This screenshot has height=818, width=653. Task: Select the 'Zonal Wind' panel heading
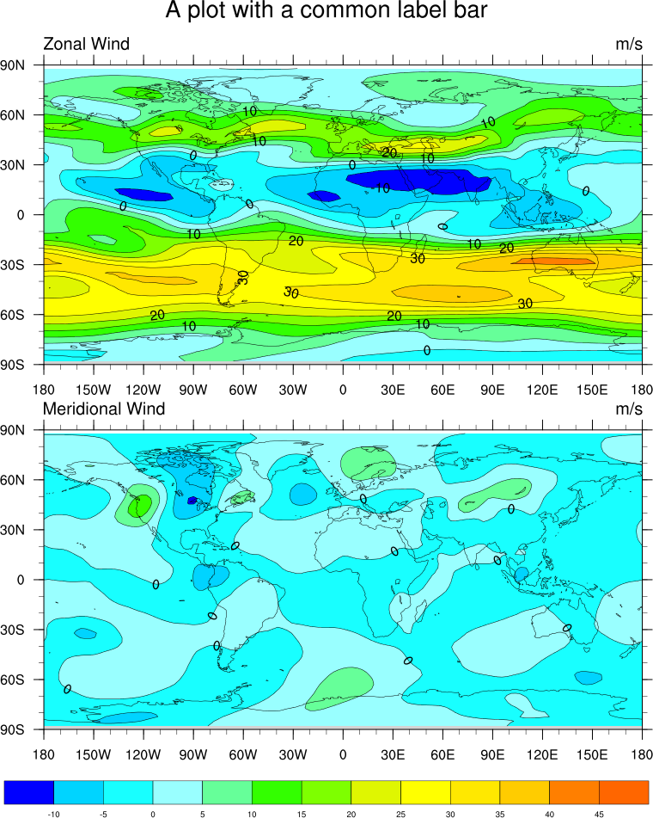tap(87, 45)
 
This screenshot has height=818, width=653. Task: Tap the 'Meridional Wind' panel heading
tap(104, 409)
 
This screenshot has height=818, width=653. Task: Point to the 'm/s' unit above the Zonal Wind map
tap(629, 45)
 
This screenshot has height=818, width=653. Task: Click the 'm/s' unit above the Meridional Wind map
tap(629, 409)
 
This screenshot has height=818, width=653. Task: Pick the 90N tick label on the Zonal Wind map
tap(17, 65)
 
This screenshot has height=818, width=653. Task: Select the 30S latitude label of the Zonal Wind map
tap(17, 265)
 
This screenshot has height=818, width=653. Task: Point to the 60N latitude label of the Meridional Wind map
tap(17, 479)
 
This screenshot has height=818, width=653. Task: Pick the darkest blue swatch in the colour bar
tap(29, 792)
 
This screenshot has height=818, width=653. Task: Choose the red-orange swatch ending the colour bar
tap(624, 792)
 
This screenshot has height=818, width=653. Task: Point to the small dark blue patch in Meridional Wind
tap(192, 500)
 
